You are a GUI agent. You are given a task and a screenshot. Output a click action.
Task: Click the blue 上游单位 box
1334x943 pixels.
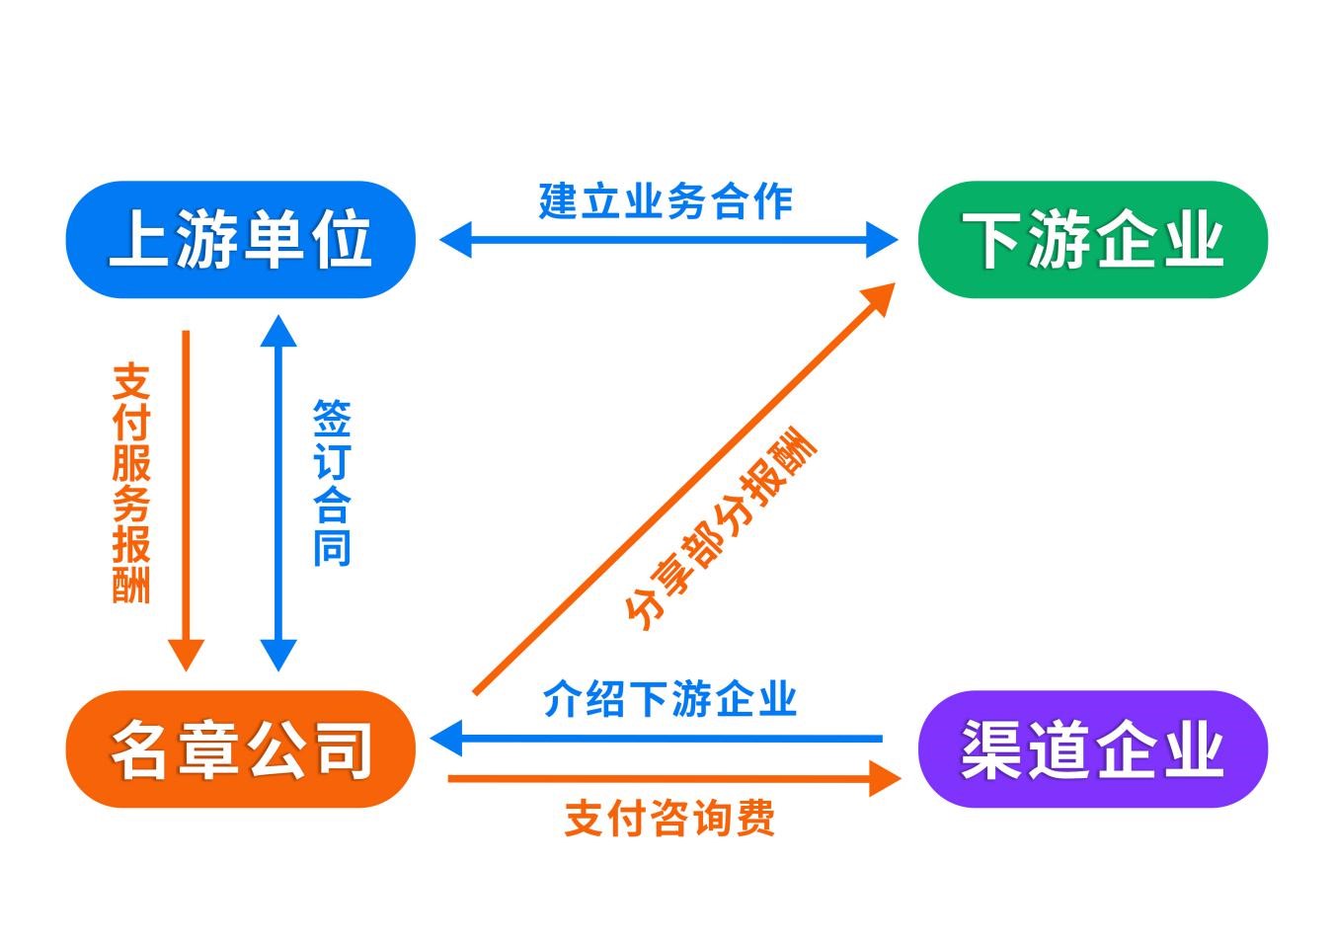pos(240,239)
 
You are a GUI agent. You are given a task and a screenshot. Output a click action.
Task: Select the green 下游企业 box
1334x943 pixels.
pos(1092,239)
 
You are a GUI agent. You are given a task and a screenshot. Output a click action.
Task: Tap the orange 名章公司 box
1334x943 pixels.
pos(240,748)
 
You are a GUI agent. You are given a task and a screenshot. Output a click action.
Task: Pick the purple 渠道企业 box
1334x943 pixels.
pos(1092,748)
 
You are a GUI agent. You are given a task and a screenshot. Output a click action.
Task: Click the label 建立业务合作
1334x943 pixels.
pos(666,200)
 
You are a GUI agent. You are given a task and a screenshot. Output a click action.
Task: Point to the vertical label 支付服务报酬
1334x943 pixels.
pos(131,483)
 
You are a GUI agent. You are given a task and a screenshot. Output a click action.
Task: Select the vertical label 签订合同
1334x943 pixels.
pos(332,483)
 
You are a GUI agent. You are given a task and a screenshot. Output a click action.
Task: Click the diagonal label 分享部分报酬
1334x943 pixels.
pos(722,528)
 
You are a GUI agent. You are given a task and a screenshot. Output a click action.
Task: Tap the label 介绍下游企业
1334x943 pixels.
pos(669,700)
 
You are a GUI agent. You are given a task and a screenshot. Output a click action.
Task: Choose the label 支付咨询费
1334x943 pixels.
pos(669,819)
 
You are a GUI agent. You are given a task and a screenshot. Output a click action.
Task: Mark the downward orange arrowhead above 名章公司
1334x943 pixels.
pos(186,654)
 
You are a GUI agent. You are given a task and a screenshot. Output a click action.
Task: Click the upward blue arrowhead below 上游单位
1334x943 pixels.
pos(278,332)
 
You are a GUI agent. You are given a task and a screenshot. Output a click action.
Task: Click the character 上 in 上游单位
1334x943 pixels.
pos(137,239)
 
